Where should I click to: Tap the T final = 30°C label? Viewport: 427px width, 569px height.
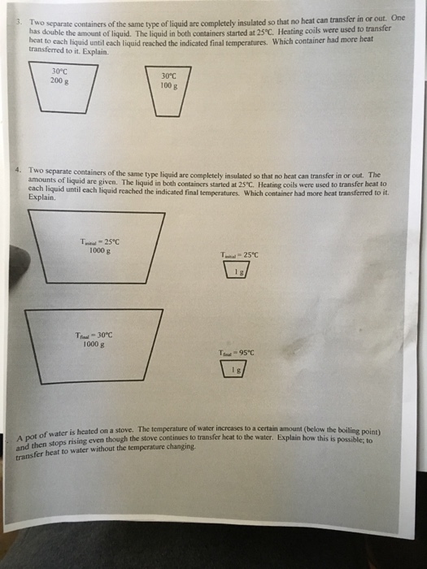94,334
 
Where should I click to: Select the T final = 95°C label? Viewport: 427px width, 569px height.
237,353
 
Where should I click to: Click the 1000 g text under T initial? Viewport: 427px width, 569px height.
100,250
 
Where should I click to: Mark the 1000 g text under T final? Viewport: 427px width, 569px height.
94,343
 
